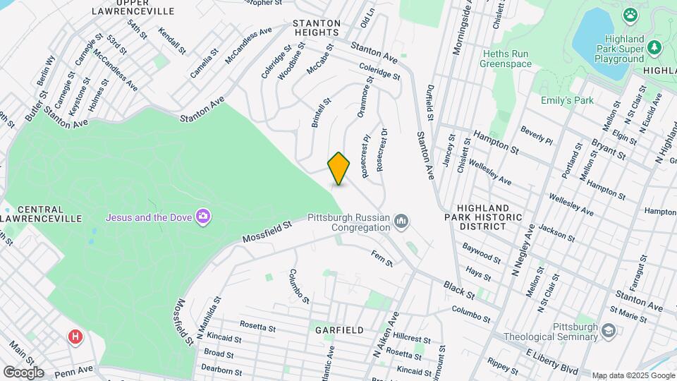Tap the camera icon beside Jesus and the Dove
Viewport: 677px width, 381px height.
pyautogui.click(x=203, y=216)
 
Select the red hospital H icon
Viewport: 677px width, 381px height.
pyautogui.click(x=74, y=337)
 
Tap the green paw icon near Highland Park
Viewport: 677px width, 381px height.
pyautogui.click(x=630, y=15)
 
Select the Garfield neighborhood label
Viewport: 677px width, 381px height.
pyautogui.click(x=339, y=330)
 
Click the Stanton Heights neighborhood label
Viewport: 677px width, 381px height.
pyautogui.click(x=317, y=28)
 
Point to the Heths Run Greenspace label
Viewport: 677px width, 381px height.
pyautogui.click(x=506, y=59)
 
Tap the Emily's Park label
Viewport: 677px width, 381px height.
pyautogui.click(x=567, y=100)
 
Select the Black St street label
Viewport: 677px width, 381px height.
pyautogui.click(x=458, y=289)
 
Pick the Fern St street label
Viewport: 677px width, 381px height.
pyautogui.click(x=382, y=258)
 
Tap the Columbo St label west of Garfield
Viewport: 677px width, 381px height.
pyautogui.click(x=298, y=286)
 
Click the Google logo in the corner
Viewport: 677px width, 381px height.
pyautogui.click(x=23, y=372)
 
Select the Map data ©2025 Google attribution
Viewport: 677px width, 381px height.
pyautogui.click(x=632, y=375)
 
